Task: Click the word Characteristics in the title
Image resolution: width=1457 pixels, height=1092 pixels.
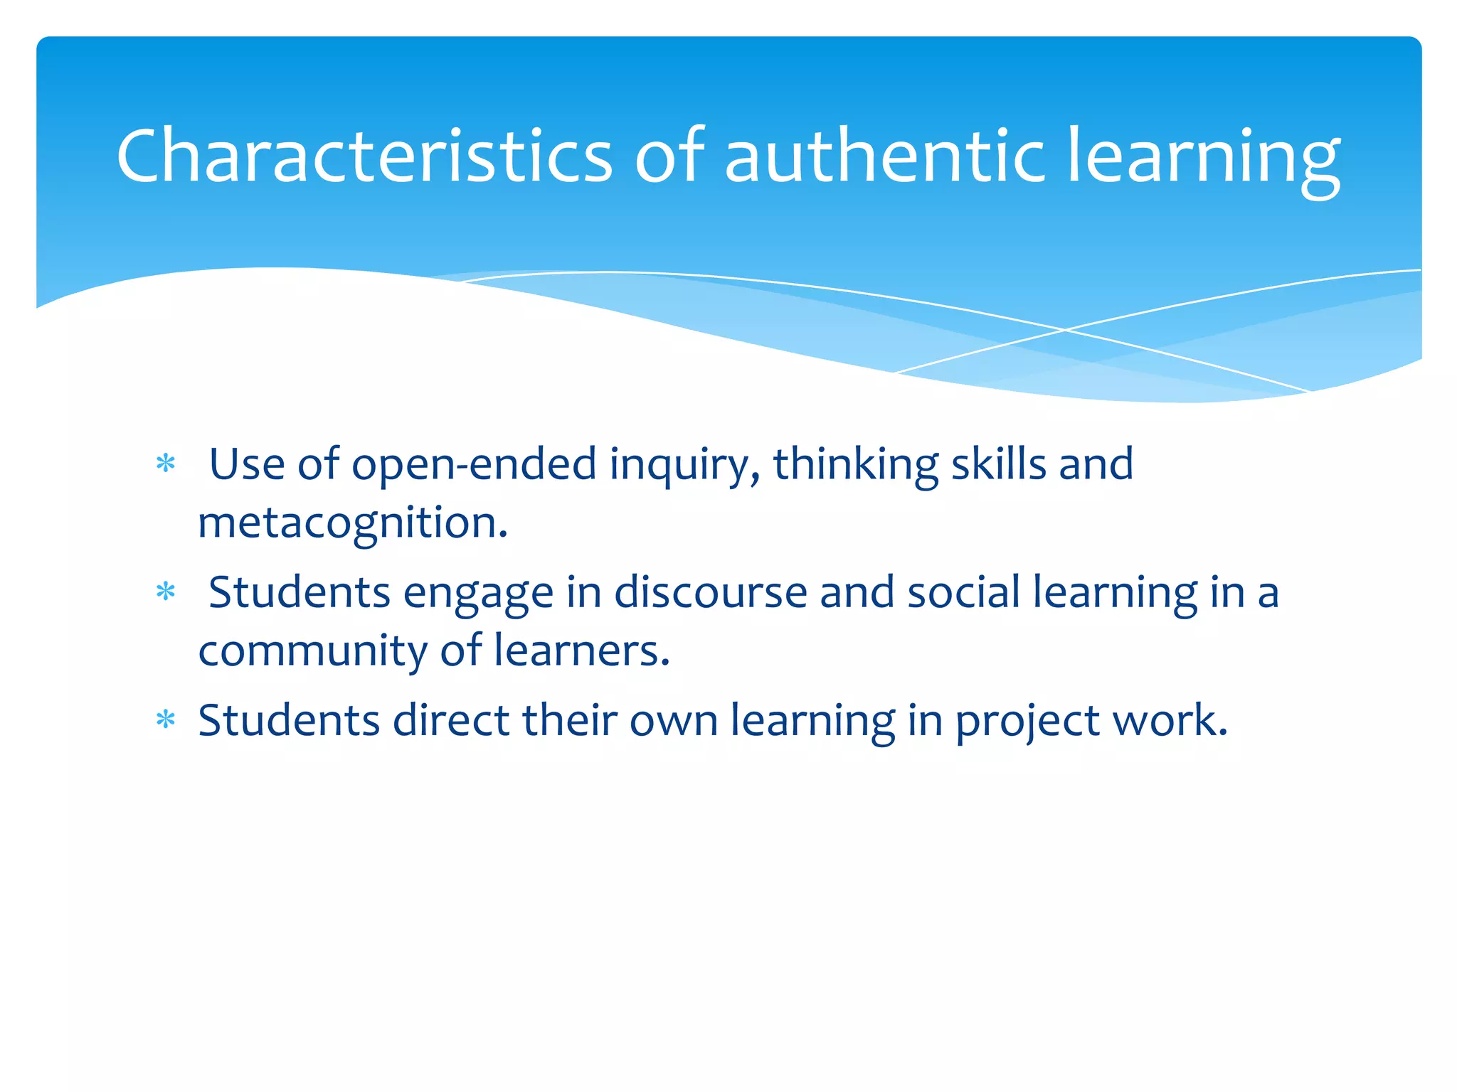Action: click(x=364, y=156)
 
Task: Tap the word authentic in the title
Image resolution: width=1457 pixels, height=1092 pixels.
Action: click(x=884, y=156)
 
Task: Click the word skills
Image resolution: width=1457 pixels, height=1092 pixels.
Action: click(x=999, y=464)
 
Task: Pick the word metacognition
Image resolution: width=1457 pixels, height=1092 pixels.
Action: click(x=353, y=523)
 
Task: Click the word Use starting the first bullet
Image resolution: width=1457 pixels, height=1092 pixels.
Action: click(x=247, y=465)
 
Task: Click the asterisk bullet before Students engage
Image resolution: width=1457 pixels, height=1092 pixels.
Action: click(x=166, y=592)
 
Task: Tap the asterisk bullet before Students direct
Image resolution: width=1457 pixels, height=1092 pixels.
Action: click(x=166, y=720)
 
